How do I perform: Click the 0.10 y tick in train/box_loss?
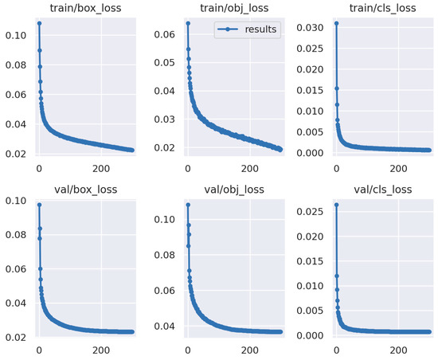[x=16, y=36]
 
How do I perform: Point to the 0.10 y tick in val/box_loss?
[x=16, y=200]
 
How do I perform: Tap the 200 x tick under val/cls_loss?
[x=397, y=350]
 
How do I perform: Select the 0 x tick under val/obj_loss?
[x=187, y=350]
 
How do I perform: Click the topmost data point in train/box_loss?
[x=39, y=23]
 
